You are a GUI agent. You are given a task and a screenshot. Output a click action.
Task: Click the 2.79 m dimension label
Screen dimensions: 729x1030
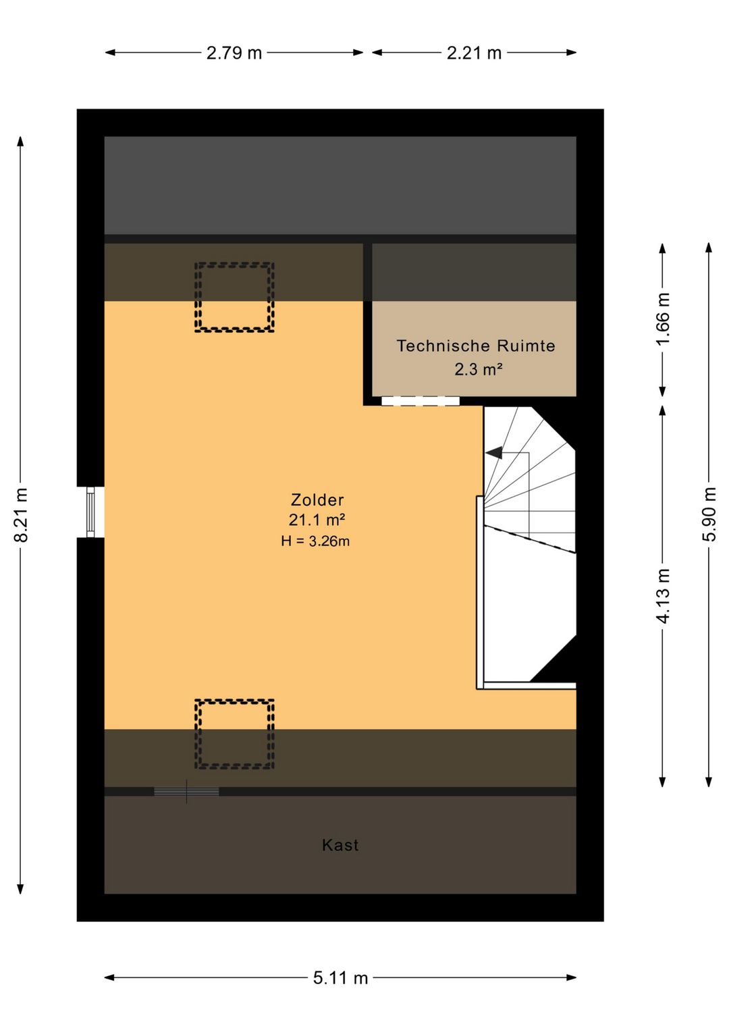(x=234, y=53)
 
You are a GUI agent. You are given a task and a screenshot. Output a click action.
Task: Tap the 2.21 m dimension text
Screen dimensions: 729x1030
(x=474, y=53)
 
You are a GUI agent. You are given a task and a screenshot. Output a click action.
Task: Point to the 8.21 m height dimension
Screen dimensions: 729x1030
(x=21, y=515)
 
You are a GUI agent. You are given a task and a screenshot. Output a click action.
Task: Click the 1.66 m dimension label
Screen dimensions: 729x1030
(x=663, y=319)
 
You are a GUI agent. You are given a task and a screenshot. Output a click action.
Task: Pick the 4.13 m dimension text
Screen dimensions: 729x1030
(x=663, y=596)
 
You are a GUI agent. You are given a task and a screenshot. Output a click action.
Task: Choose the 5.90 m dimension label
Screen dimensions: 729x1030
(x=709, y=514)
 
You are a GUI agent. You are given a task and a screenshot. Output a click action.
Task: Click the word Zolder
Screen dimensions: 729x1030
(x=317, y=499)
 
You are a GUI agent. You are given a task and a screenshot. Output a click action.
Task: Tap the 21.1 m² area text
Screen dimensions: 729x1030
(x=317, y=520)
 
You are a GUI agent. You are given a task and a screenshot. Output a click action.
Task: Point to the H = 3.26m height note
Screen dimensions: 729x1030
(x=315, y=541)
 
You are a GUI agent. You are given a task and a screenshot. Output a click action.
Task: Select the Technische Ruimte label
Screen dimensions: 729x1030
(x=476, y=346)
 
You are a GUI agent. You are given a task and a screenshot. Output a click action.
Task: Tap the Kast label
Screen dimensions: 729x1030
(x=340, y=845)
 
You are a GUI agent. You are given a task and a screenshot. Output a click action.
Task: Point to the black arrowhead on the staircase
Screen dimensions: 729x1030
(x=493, y=453)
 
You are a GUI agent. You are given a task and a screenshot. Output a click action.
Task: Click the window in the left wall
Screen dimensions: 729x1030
(x=90, y=512)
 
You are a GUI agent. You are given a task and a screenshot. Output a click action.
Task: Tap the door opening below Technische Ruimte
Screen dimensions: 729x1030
(x=421, y=401)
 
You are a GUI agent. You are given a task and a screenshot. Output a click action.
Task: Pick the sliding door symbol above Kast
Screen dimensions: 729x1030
(x=186, y=791)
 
